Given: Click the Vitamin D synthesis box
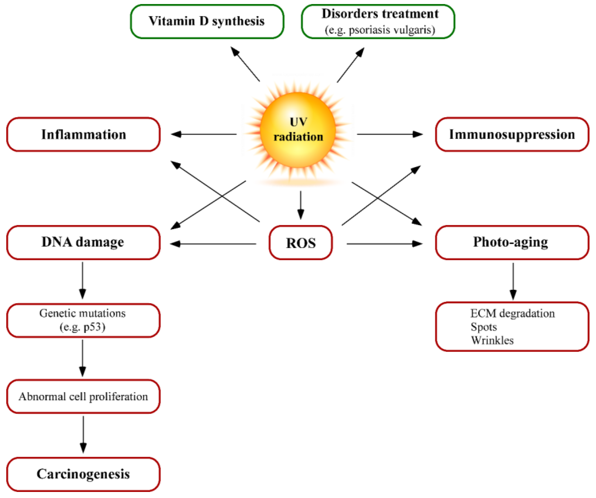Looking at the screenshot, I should click(207, 21).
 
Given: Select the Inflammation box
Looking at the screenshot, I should click(84, 135).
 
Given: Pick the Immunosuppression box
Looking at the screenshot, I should click(512, 135).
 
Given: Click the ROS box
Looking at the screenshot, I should click(301, 243).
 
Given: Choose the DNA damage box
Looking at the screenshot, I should click(83, 242).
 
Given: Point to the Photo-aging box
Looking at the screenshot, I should click(512, 242).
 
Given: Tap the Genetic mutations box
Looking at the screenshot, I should click(83, 320).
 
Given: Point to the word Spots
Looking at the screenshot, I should click(484, 327).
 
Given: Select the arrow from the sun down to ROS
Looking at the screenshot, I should click(301, 205).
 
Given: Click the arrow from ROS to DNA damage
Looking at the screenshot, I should click(213, 243).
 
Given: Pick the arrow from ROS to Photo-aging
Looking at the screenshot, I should click(385, 243).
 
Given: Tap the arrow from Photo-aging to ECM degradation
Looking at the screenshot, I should click(513, 281).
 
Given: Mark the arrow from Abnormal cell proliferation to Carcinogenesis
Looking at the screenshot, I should click(83, 434).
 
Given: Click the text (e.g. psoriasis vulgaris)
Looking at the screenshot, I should click(380, 30).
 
